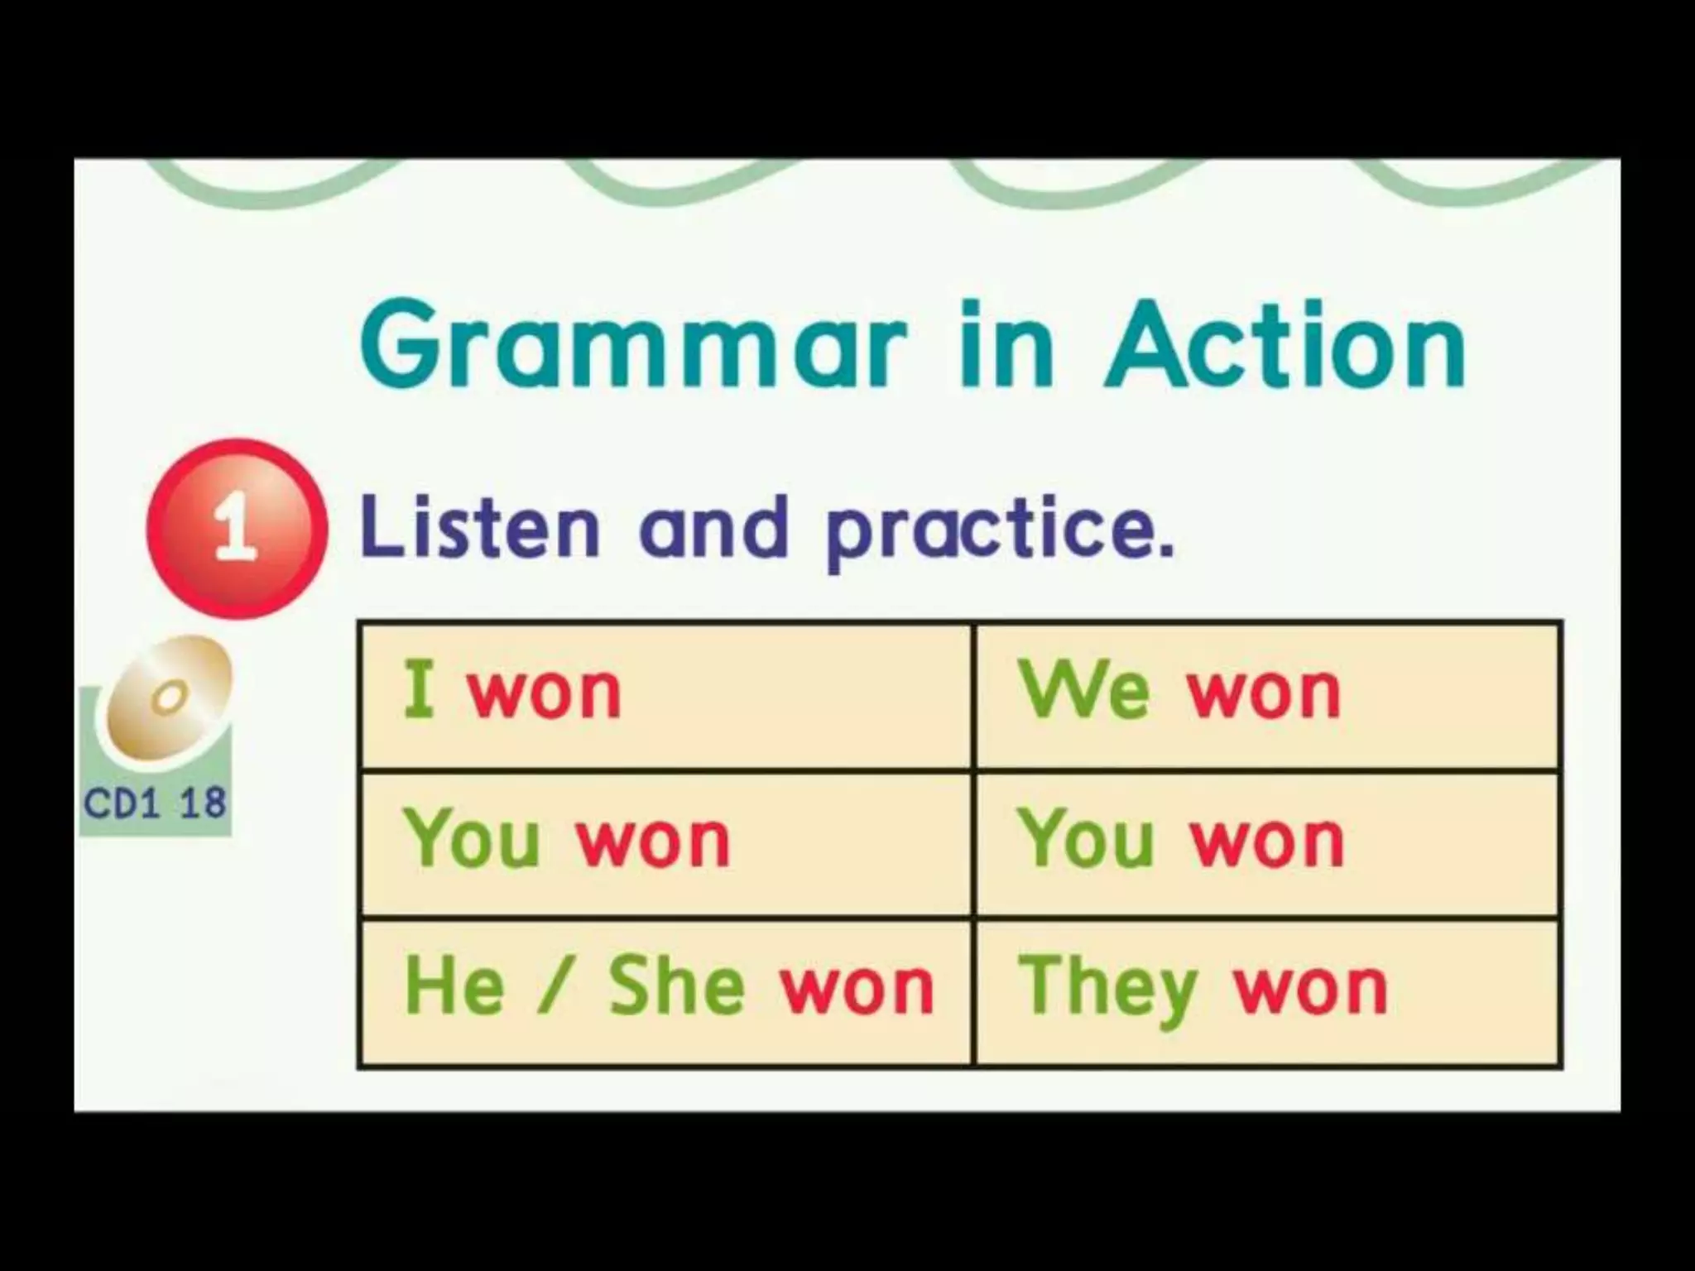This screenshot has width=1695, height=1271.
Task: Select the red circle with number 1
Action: [235, 528]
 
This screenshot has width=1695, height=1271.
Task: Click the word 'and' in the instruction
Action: [713, 528]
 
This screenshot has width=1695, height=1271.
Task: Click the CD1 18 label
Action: [155, 803]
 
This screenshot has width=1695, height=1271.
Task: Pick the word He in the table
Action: [454, 986]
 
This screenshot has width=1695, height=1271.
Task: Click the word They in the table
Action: [1107, 989]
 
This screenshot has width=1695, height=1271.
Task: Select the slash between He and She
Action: [550, 986]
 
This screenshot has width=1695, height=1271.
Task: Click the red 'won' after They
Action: [1311, 989]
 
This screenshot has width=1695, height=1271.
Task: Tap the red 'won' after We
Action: [1265, 693]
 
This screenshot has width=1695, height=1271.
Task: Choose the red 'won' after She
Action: [857, 989]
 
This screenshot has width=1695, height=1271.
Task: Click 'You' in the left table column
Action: [472, 840]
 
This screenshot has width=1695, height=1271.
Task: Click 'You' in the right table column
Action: [1086, 840]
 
